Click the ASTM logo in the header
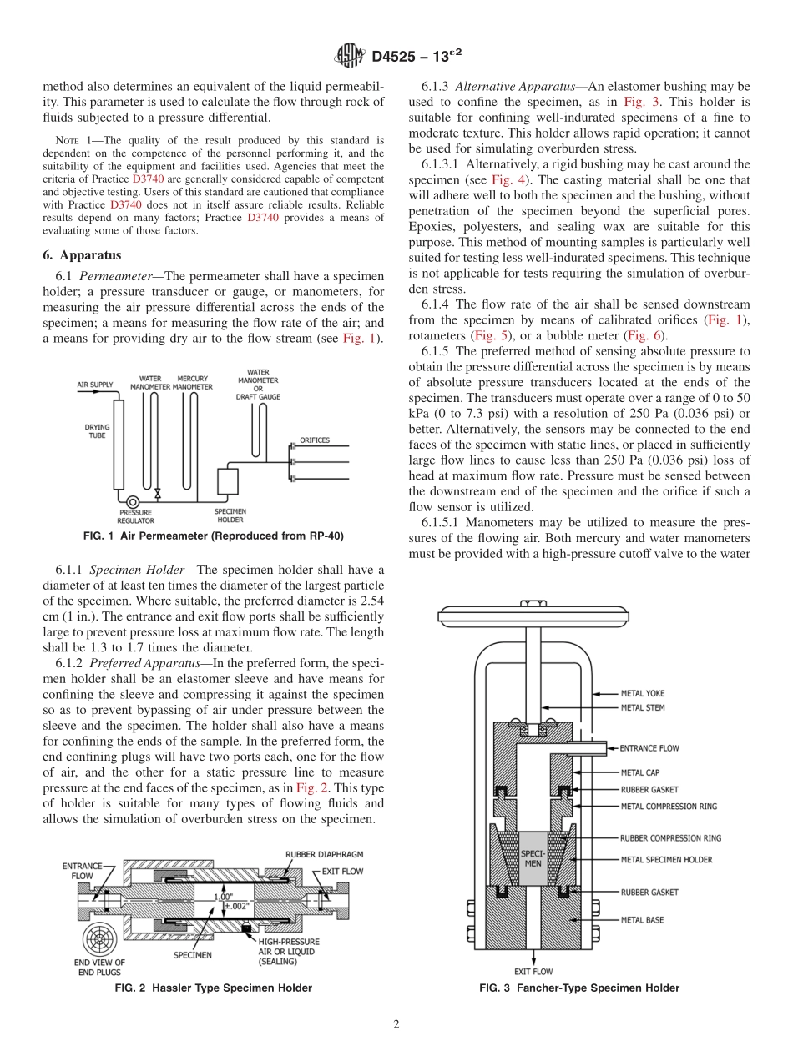click(x=348, y=56)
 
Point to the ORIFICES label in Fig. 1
click(x=315, y=440)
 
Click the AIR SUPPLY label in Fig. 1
click(x=94, y=385)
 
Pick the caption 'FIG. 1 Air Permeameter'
click(x=213, y=536)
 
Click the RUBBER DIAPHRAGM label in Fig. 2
click(x=324, y=855)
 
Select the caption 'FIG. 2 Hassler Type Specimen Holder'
click(x=213, y=988)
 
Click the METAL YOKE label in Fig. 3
click(x=643, y=693)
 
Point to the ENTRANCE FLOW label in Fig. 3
click(x=649, y=748)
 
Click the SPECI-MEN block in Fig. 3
click(x=533, y=858)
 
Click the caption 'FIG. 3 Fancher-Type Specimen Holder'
click(x=579, y=988)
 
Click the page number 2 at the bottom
click(x=396, y=1024)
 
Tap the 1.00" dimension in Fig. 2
click(x=224, y=897)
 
